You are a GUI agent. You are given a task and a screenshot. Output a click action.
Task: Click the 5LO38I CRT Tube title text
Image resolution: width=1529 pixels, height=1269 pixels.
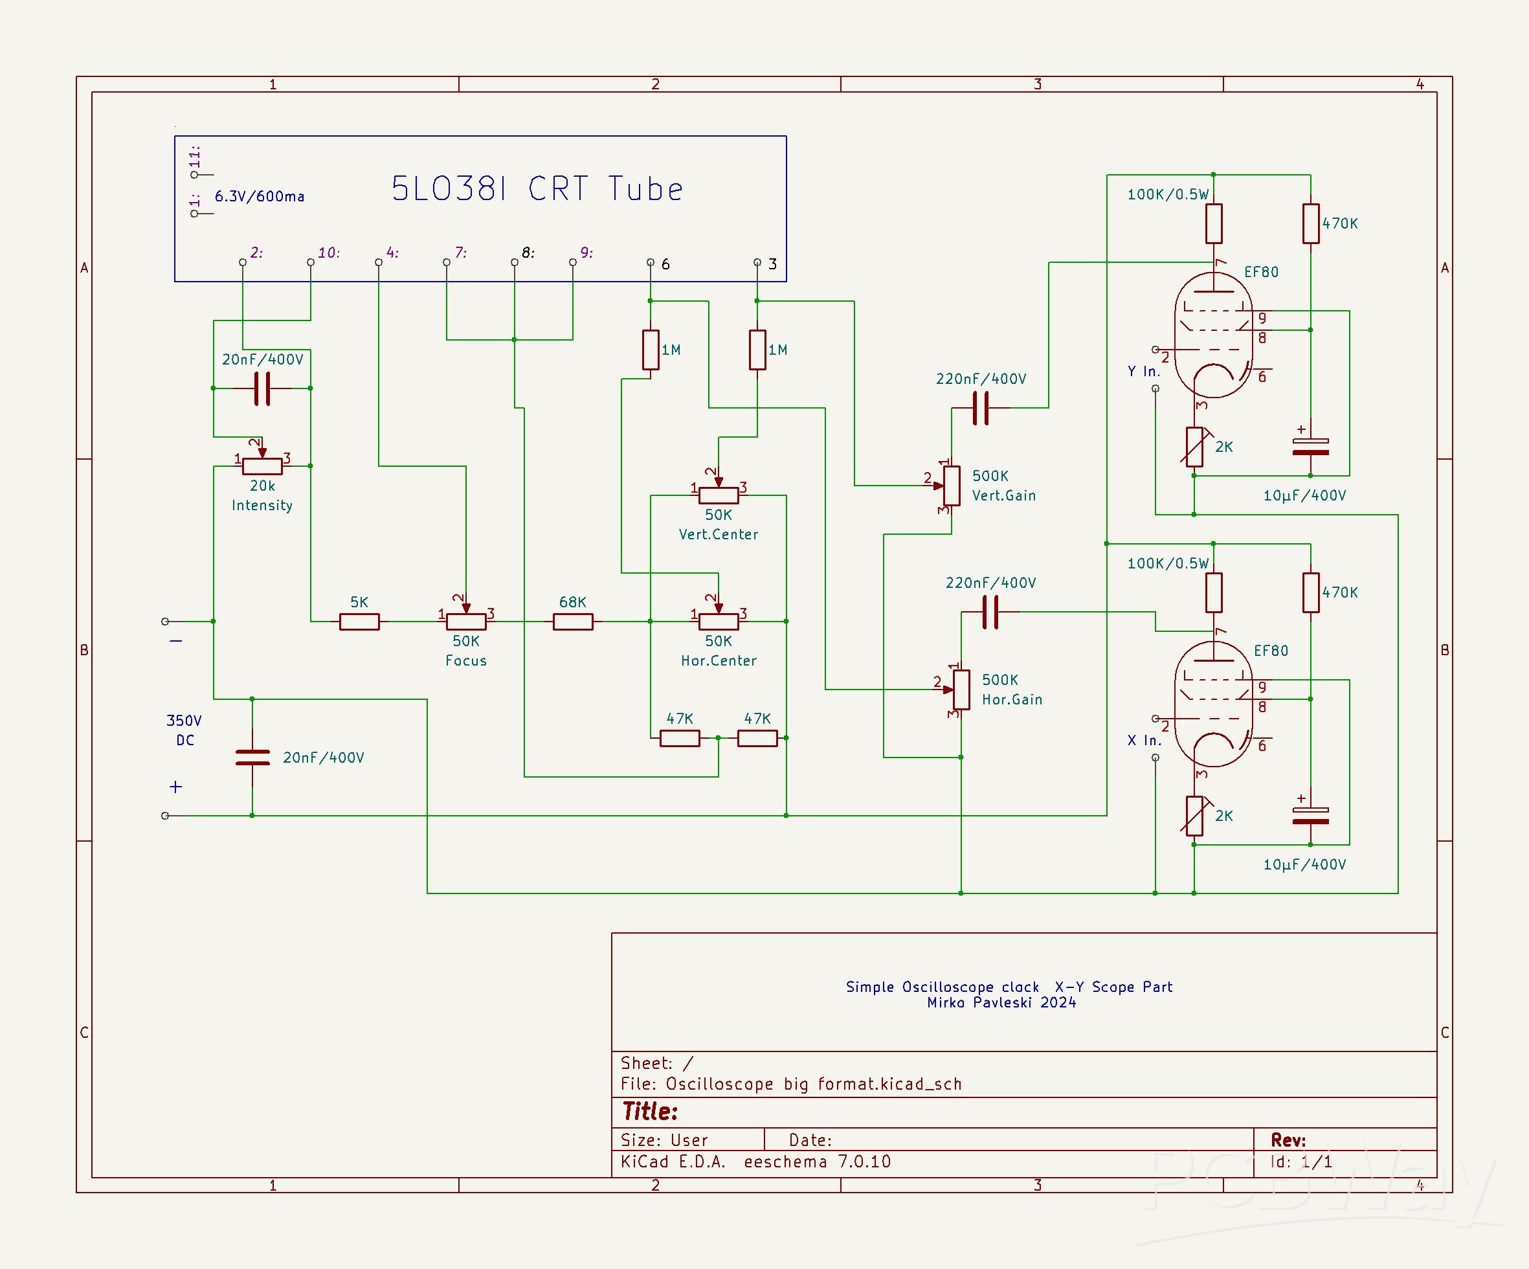point(537,189)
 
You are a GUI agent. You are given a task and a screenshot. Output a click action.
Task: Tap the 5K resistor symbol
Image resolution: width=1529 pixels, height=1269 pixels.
point(359,622)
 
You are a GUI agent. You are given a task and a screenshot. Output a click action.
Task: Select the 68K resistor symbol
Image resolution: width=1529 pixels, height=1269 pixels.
point(572,622)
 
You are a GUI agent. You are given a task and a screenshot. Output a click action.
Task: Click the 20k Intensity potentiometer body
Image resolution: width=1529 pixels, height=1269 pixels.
point(262,467)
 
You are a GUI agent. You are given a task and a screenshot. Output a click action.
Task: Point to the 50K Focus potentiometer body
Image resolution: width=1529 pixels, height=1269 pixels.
point(466,622)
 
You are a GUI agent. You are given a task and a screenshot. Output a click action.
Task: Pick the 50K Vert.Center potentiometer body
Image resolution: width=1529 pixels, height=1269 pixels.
point(718,496)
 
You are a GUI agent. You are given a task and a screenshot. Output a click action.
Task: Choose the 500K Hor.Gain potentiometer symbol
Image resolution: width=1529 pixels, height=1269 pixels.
point(961,690)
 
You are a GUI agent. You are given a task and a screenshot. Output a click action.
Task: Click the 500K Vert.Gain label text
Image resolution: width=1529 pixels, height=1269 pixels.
point(1003,486)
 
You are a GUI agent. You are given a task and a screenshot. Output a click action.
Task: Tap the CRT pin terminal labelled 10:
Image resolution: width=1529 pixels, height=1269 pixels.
point(311,262)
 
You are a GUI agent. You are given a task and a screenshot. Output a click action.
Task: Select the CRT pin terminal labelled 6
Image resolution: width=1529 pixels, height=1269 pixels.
point(650,262)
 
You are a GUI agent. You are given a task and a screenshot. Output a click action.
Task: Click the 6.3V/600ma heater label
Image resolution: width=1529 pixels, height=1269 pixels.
point(259,197)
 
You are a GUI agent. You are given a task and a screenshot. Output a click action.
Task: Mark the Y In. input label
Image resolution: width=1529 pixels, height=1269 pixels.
point(1143,371)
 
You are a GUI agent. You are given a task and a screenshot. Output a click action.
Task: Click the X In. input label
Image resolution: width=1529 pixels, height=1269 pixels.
point(1143,741)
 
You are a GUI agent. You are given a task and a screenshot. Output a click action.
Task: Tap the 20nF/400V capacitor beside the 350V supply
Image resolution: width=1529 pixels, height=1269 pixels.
point(252,757)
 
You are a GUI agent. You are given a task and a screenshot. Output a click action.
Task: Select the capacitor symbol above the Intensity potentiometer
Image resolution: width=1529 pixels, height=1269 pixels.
point(262,388)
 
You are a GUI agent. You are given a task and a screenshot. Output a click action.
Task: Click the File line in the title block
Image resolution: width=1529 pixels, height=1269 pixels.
point(790,1084)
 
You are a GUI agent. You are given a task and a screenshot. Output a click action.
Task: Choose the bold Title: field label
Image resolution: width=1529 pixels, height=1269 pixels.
point(649,1112)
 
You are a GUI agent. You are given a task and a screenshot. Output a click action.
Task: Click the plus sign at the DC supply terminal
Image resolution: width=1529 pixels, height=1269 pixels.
point(175,787)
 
